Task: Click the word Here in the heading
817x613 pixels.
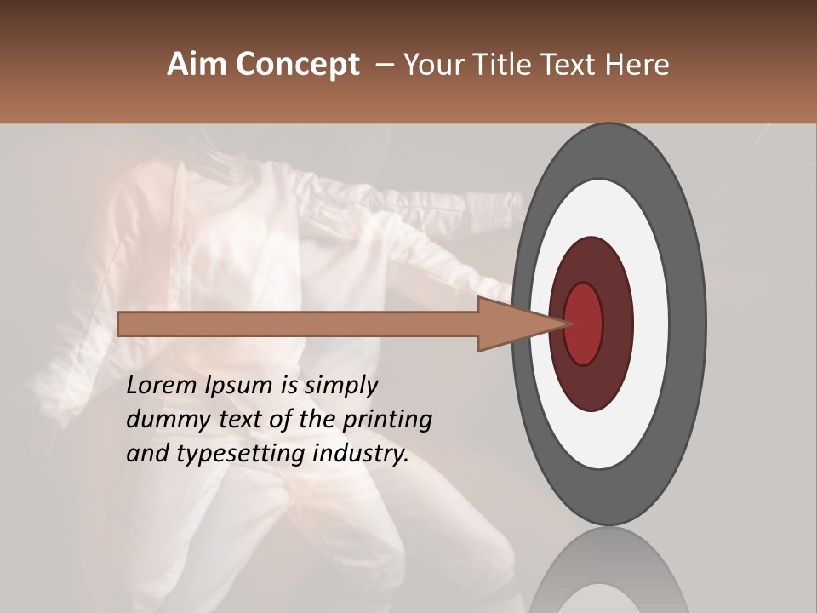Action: [x=639, y=65]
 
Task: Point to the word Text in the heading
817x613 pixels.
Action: [x=574, y=65]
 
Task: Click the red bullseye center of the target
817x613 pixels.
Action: [x=584, y=324]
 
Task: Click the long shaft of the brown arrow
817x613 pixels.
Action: [x=298, y=324]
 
